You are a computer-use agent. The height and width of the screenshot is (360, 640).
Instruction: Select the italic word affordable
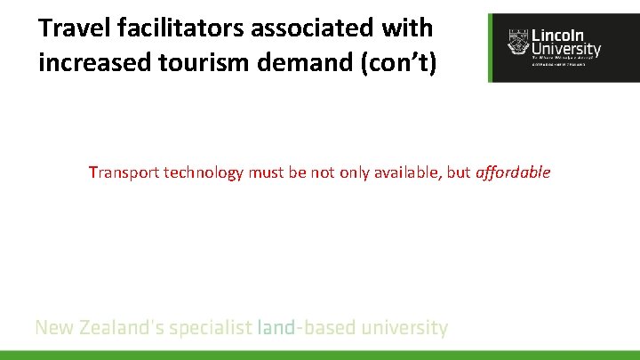(x=513, y=172)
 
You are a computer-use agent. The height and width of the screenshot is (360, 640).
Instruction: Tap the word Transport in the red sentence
(x=121, y=172)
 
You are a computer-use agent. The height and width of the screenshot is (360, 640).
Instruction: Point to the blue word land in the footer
(x=276, y=328)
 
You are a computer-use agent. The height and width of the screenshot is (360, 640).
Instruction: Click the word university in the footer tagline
(x=407, y=328)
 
